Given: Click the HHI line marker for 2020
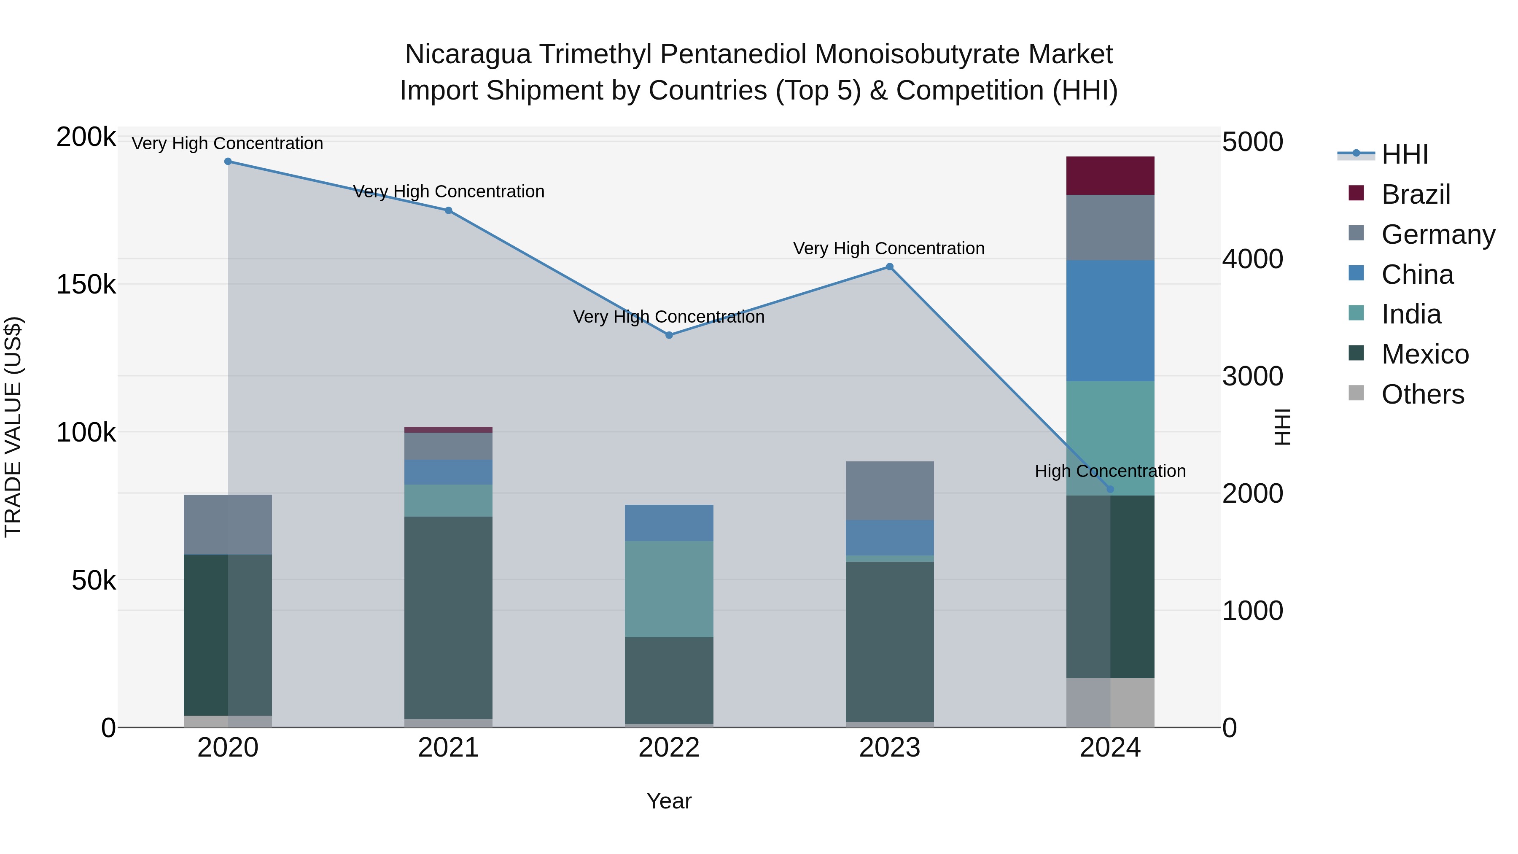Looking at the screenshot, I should [x=228, y=162].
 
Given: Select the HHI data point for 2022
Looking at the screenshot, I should [x=669, y=335].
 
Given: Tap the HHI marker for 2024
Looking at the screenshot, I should [x=1110, y=489].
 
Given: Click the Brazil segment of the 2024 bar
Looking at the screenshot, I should [x=1110, y=175].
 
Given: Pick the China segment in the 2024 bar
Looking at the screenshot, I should [x=1110, y=321].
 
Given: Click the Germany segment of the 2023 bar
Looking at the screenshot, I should [x=889, y=490].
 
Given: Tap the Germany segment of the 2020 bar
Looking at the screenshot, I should [x=228, y=525].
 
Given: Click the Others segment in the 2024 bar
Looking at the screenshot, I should [x=1110, y=703].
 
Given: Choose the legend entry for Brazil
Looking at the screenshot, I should [x=1416, y=194].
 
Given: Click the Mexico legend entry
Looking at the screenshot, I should [x=1424, y=354].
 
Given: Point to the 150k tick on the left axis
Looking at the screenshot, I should [x=86, y=285].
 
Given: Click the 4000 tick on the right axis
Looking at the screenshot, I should [x=1252, y=259].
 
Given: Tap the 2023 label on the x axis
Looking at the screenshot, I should [x=889, y=748].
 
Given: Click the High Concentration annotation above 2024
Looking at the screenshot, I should [x=1110, y=471].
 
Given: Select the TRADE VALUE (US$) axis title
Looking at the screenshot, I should [x=13, y=427].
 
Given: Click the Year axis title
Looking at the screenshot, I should [x=669, y=801].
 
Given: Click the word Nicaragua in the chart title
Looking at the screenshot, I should [x=468, y=54].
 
